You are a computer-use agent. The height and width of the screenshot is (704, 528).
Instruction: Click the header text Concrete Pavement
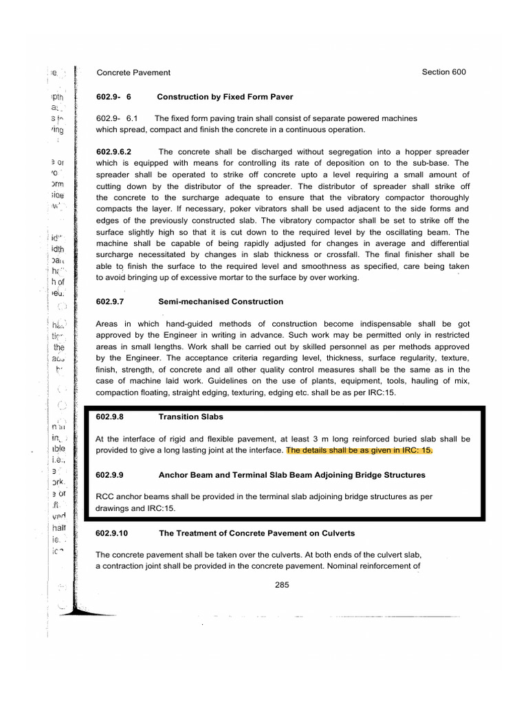tap(133, 72)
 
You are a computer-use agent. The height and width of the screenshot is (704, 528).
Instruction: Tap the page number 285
tap(282, 585)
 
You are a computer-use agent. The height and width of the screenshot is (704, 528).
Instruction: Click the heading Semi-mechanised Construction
tap(221, 302)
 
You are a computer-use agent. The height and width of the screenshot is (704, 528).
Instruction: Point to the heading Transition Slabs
tap(190, 417)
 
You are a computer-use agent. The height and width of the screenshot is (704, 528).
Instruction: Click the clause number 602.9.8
tap(113, 417)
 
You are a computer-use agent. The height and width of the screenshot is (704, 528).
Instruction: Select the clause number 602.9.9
tap(113, 475)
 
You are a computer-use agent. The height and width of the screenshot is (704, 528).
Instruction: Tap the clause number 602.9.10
tap(116, 533)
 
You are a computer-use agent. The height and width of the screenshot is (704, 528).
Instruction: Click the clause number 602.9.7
tap(113, 302)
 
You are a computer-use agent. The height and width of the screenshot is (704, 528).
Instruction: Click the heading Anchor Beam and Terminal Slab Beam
tap(292, 475)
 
